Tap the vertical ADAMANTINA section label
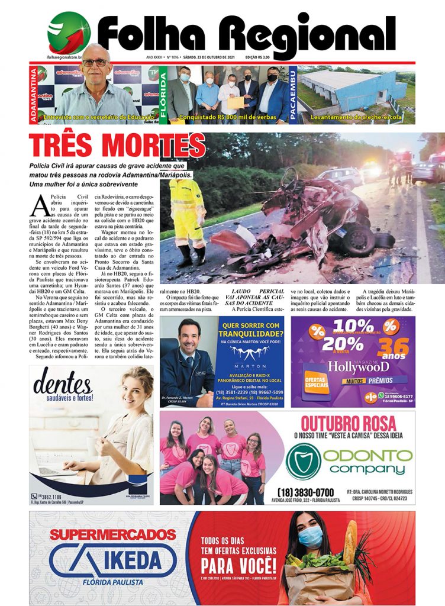coord(34,94)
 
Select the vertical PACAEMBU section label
coord(292,94)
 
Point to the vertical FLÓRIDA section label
coord(163,94)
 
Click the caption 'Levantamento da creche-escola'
coord(356,117)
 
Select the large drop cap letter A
coord(40,205)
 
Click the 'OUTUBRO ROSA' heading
coord(347,424)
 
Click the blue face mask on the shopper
coord(310,537)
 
